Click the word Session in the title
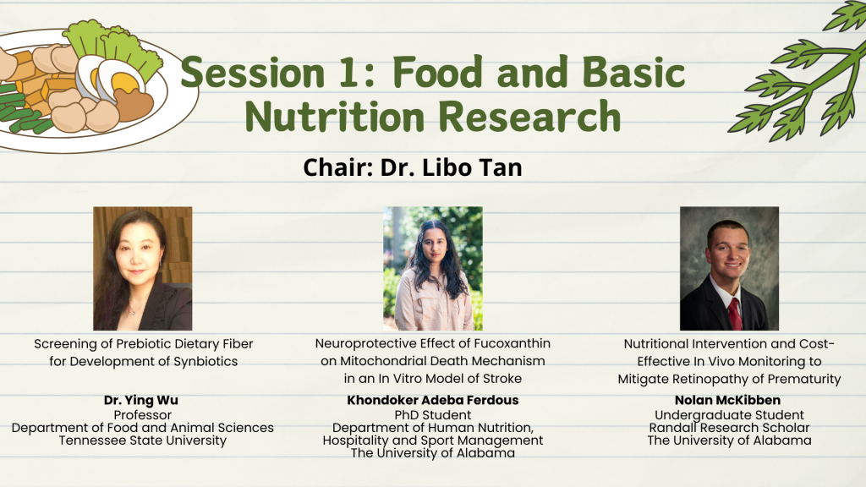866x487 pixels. pos(252,73)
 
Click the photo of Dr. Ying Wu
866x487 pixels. pos(142,268)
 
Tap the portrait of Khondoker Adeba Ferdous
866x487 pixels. pos(433,268)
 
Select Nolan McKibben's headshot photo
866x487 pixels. pos(729,268)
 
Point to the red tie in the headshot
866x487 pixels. pos(735,314)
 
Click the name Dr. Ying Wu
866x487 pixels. pos(141,400)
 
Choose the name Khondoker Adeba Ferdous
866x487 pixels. pos(432,400)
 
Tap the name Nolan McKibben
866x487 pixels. pos(728,400)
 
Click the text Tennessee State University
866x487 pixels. pos(142,440)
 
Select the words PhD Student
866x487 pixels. pos(432,414)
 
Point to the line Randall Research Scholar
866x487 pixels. pos(729,428)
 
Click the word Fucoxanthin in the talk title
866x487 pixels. pos(512,343)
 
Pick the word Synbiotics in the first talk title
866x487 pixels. pos(206,362)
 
